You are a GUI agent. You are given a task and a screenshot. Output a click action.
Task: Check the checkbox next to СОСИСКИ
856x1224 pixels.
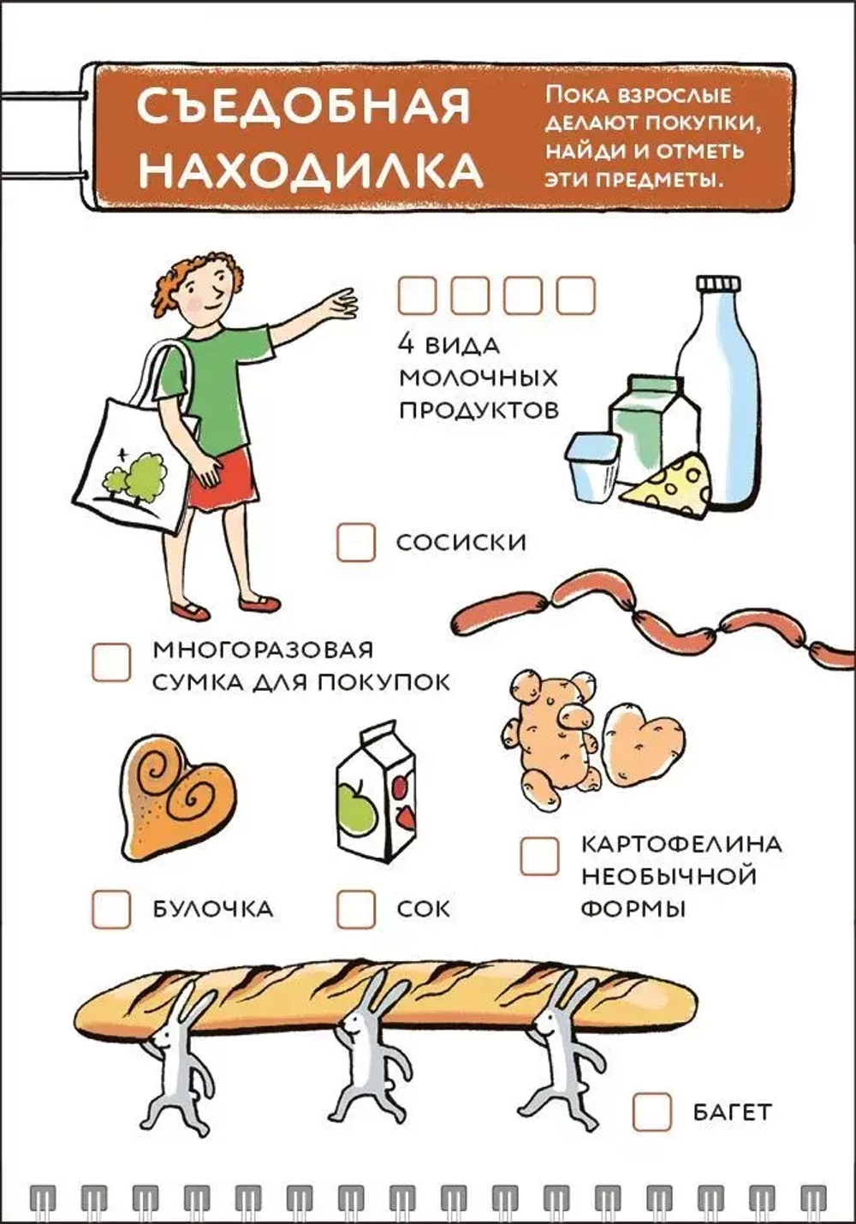pyautogui.click(x=355, y=543)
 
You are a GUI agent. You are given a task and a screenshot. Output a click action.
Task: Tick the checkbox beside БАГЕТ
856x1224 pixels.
pyautogui.click(x=652, y=1112)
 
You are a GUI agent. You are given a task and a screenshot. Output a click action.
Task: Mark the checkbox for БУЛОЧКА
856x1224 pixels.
pyautogui.click(x=111, y=909)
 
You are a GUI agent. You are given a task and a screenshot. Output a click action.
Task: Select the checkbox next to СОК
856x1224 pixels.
pyautogui.click(x=355, y=909)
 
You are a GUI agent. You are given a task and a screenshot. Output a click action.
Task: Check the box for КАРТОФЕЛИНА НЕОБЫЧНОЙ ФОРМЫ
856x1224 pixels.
pyautogui.click(x=539, y=856)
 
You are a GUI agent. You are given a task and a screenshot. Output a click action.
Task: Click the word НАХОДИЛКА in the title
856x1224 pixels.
pyautogui.click(x=310, y=169)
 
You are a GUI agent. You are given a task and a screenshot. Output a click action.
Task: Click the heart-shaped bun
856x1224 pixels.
pyautogui.click(x=175, y=796)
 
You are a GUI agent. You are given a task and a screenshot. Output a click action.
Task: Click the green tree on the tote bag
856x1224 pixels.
pyautogui.click(x=137, y=475)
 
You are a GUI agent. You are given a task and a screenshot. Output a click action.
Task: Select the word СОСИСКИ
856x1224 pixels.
pyautogui.click(x=461, y=543)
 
